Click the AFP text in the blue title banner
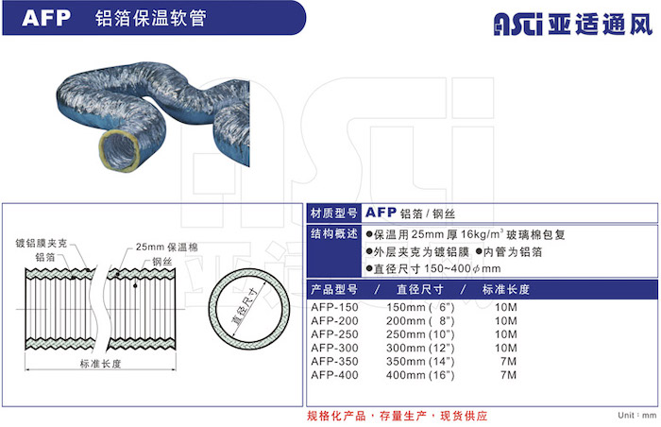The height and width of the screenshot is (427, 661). point(46,18)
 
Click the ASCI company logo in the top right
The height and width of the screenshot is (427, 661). point(573,24)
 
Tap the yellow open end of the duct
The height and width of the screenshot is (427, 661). point(119,148)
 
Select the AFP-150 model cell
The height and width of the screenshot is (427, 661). point(334,307)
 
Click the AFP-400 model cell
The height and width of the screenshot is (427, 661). point(334,375)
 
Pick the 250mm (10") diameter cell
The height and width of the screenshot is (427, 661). point(420,334)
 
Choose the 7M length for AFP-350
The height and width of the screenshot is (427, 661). point(509,361)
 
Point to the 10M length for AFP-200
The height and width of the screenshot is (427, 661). point(506,320)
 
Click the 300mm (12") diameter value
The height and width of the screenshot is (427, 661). point(420,348)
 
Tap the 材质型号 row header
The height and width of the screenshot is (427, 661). point(334,213)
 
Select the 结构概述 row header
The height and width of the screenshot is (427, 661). point(334,233)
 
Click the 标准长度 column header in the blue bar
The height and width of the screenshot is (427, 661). point(505,289)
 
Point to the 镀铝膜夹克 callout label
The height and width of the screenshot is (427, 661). point(41,243)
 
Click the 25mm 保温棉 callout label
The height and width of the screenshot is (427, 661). point(166,247)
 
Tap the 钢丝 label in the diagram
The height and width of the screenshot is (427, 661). point(162,262)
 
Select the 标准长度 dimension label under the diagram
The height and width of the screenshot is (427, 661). point(100,364)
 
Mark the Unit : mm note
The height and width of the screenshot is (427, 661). point(637,415)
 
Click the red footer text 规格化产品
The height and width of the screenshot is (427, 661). point(336,416)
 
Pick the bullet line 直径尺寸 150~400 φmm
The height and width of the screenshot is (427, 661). point(433,268)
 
